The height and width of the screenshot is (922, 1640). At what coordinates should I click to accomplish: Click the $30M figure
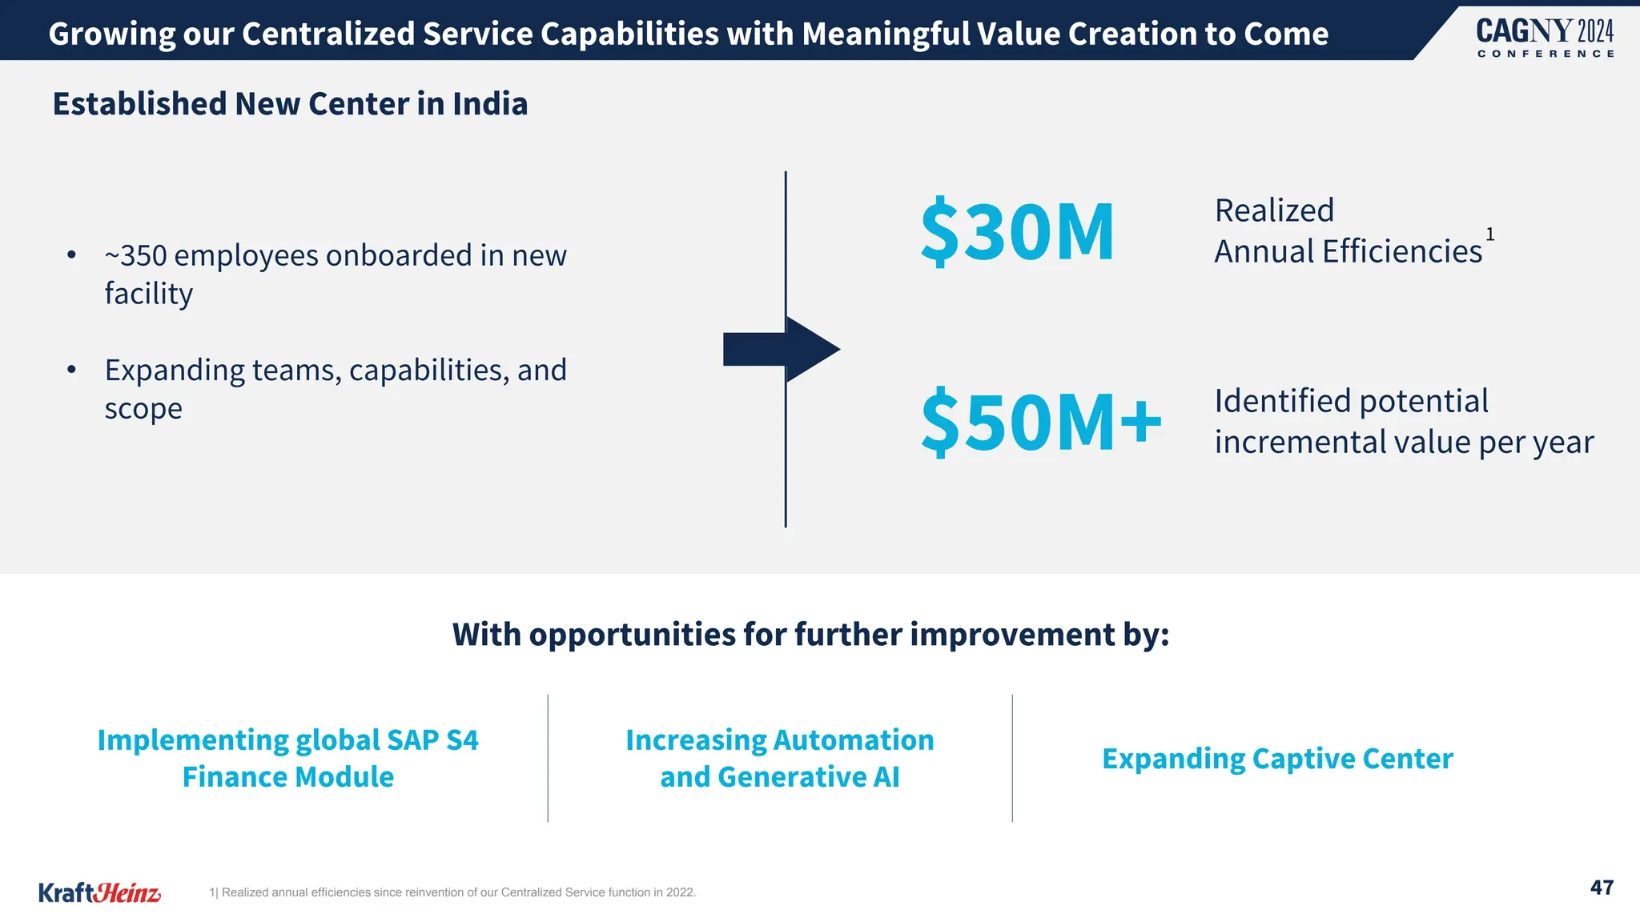1017,232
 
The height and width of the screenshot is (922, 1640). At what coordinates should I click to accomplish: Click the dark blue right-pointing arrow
781,349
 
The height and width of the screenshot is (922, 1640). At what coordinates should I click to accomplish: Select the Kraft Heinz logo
99,892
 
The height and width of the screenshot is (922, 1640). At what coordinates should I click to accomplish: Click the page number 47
1602,888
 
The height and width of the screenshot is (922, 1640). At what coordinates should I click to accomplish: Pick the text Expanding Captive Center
1277,759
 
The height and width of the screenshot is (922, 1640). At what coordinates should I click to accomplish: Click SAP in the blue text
412,740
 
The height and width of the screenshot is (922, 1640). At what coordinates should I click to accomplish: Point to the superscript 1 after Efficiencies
1490,235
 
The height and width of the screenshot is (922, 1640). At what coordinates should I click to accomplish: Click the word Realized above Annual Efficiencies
1274,211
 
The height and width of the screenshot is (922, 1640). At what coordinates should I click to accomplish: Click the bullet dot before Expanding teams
72,370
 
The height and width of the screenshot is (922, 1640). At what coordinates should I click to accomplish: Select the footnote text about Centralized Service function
452,892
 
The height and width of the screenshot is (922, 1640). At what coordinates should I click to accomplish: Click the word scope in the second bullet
143,409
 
